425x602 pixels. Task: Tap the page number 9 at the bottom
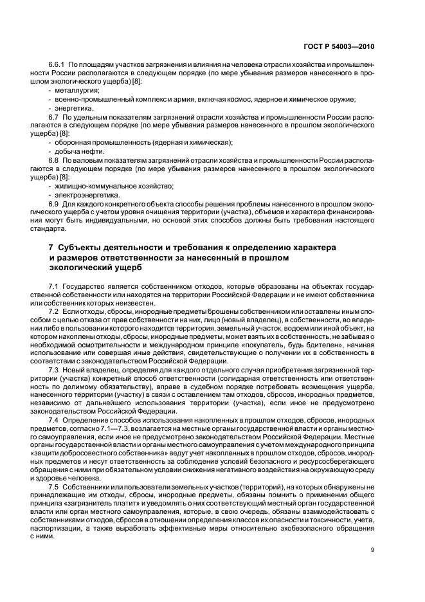[x=373, y=549]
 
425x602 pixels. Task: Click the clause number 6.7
[x=54, y=119]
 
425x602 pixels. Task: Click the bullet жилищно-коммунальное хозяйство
[x=109, y=185]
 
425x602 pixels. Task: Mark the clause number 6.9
[x=54, y=203]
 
